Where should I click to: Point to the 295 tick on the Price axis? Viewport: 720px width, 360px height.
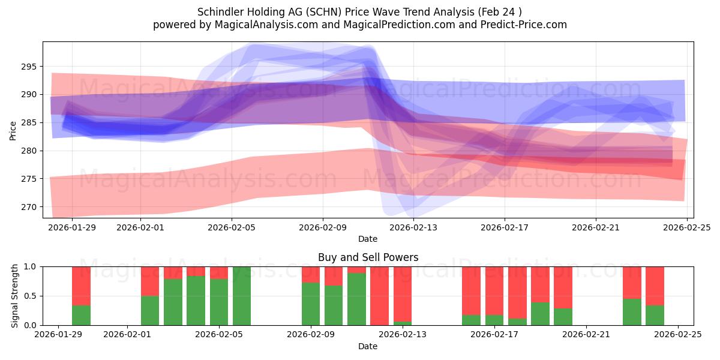[x=31, y=67]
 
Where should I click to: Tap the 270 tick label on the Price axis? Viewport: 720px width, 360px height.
[x=31, y=207]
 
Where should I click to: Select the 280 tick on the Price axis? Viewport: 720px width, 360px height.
[x=31, y=151]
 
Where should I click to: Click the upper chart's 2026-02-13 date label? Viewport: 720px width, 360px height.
[x=413, y=227]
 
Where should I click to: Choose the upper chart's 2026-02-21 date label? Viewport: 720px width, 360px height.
[x=595, y=227]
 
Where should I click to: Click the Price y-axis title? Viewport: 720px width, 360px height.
[x=13, y=130]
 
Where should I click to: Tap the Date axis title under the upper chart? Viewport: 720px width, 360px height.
[x=368, y=239]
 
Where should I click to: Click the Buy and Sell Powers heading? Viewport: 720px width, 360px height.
[x=368, y=257]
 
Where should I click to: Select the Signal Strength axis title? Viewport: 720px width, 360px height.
[x=15, y=296]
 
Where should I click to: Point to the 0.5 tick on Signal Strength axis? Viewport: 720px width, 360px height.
[x=31, y=296]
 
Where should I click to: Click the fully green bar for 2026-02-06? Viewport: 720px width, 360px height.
[x=242, y=296]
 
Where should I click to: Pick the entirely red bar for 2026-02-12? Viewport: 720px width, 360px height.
[x=379, y=296]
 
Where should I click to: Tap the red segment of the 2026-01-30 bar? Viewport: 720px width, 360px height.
[x=81, y=286]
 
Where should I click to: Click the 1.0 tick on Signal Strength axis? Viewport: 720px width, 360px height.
[x=31, y=266]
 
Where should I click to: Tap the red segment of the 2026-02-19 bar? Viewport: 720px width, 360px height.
[x=540, y=284]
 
